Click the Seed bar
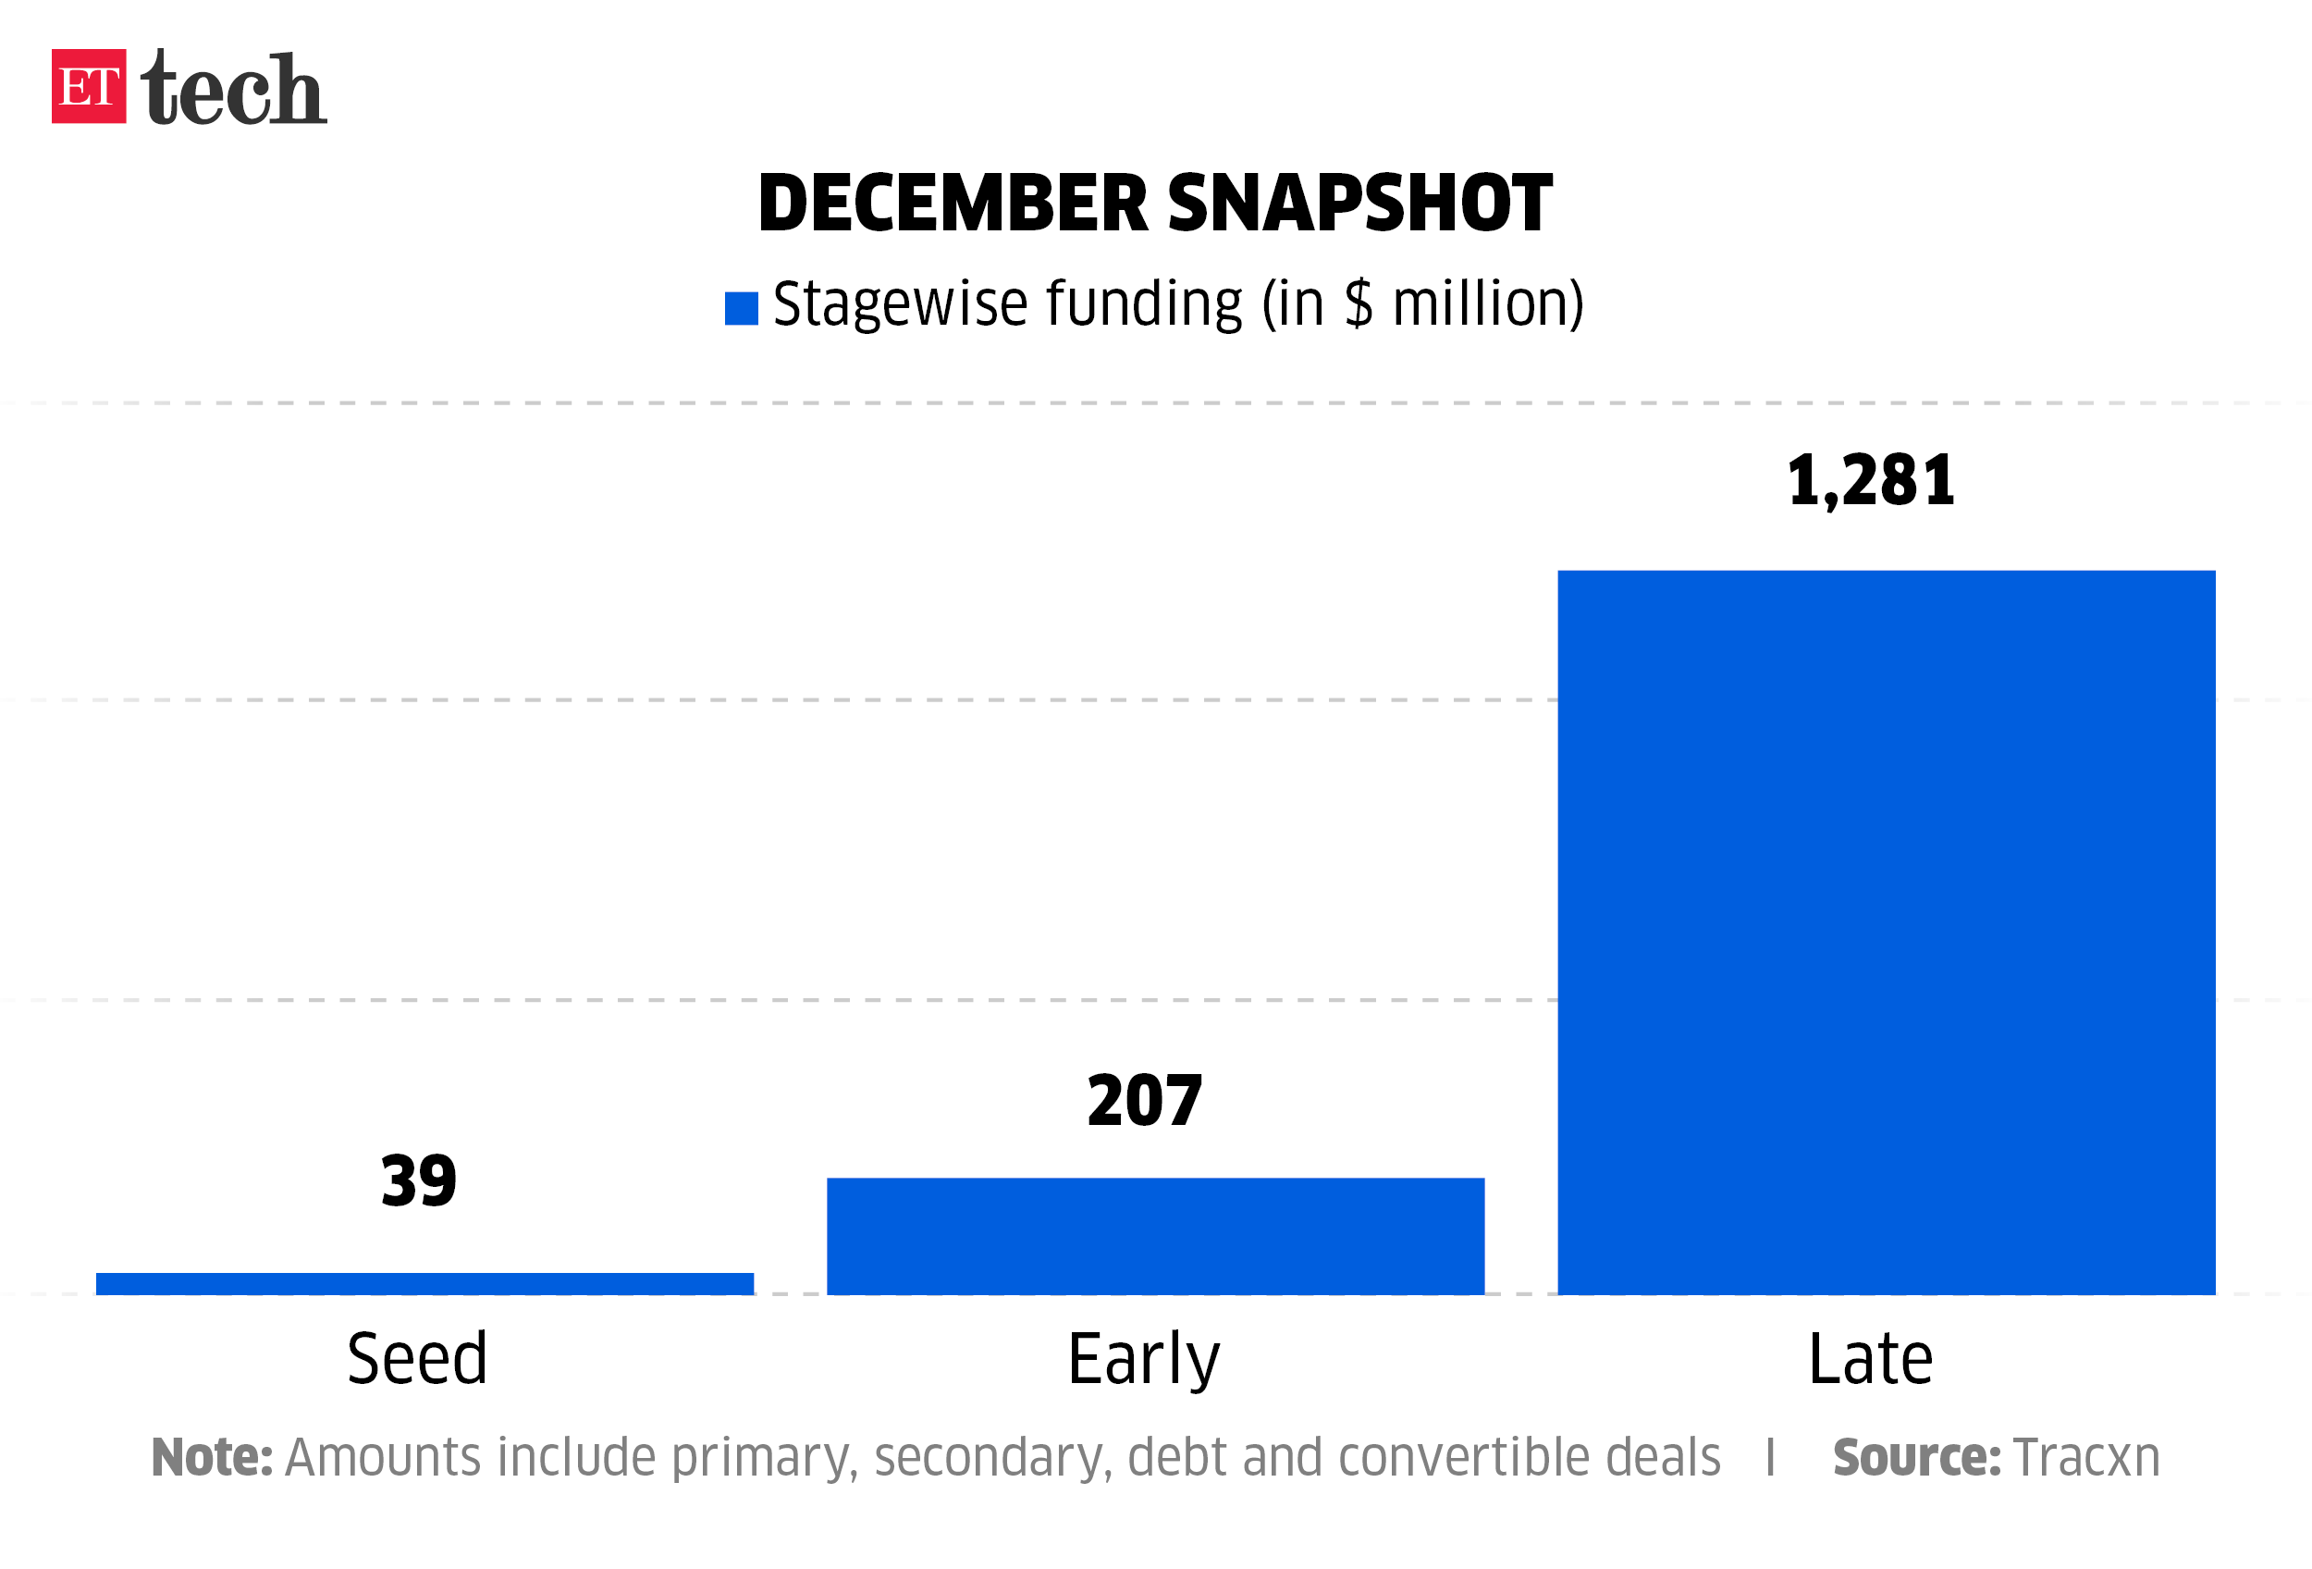click(x=424, y=1283)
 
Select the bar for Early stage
click(x=1155, y=1236)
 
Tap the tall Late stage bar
click(x=1887, y=933)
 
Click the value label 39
click(x=419, y=1182)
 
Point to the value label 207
click(x=1145, y=1102)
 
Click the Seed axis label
click(x=417, y=1359)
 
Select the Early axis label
click(x=1143, y=1361)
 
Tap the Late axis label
click(x=1870, y=1359)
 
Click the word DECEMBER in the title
click(x=953, y=203)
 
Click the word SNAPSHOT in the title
click(x=1359, y=203)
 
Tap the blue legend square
click(x=741, y=308)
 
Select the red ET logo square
click(x=89, y=87)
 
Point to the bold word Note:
click(x=211, y=1458)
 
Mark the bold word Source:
click(x=1916, y=1458)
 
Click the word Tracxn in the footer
click(x=2086, y=1458)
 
